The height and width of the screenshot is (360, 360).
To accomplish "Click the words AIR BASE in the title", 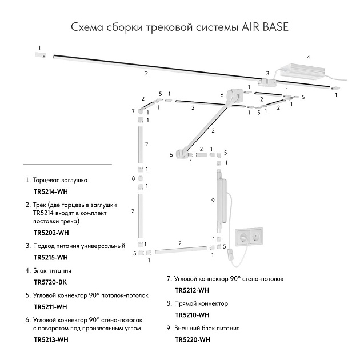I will [x=264, y=27].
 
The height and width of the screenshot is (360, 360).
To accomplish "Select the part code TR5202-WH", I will [x=51, y=233].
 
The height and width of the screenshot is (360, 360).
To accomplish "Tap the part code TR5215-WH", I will [x=51, y=257].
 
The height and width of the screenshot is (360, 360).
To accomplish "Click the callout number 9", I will [x=213, y=200].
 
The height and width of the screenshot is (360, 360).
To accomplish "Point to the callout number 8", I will [x=133, y=178].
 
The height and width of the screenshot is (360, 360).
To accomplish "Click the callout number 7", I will [x=133, y=110].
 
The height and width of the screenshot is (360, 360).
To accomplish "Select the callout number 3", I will [x=267, y=73].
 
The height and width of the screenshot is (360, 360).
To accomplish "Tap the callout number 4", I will [x=308, y=57].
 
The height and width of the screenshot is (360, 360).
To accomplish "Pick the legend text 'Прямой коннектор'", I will [x=201, y=303].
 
